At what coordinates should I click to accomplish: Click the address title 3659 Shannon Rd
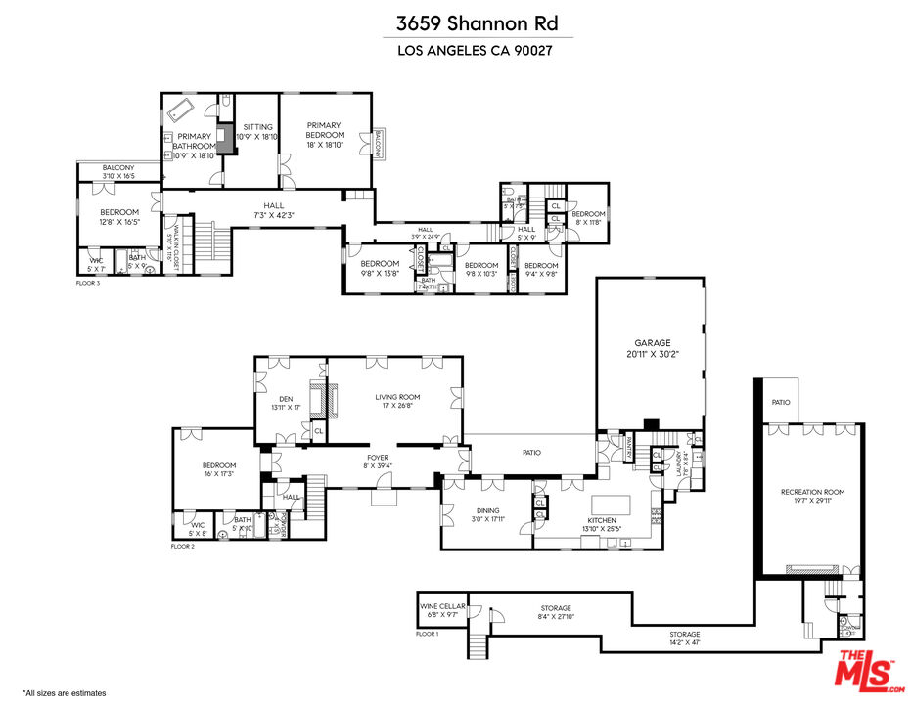(455, 23)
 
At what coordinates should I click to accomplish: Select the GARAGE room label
(653, 343)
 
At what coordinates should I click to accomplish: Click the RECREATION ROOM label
(812, 492)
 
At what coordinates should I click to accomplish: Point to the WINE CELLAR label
(439, 606)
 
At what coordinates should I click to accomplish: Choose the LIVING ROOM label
(397, 397)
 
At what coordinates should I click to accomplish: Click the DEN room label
(286, 398)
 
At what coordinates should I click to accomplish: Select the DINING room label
(487, 510)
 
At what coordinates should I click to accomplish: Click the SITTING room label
(257, 127)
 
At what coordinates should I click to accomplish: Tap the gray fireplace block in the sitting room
(226, 139)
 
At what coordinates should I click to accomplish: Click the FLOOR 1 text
(427, 635)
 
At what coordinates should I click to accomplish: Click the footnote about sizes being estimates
(64, 692)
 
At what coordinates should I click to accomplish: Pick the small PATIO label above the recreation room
(780, 402)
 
